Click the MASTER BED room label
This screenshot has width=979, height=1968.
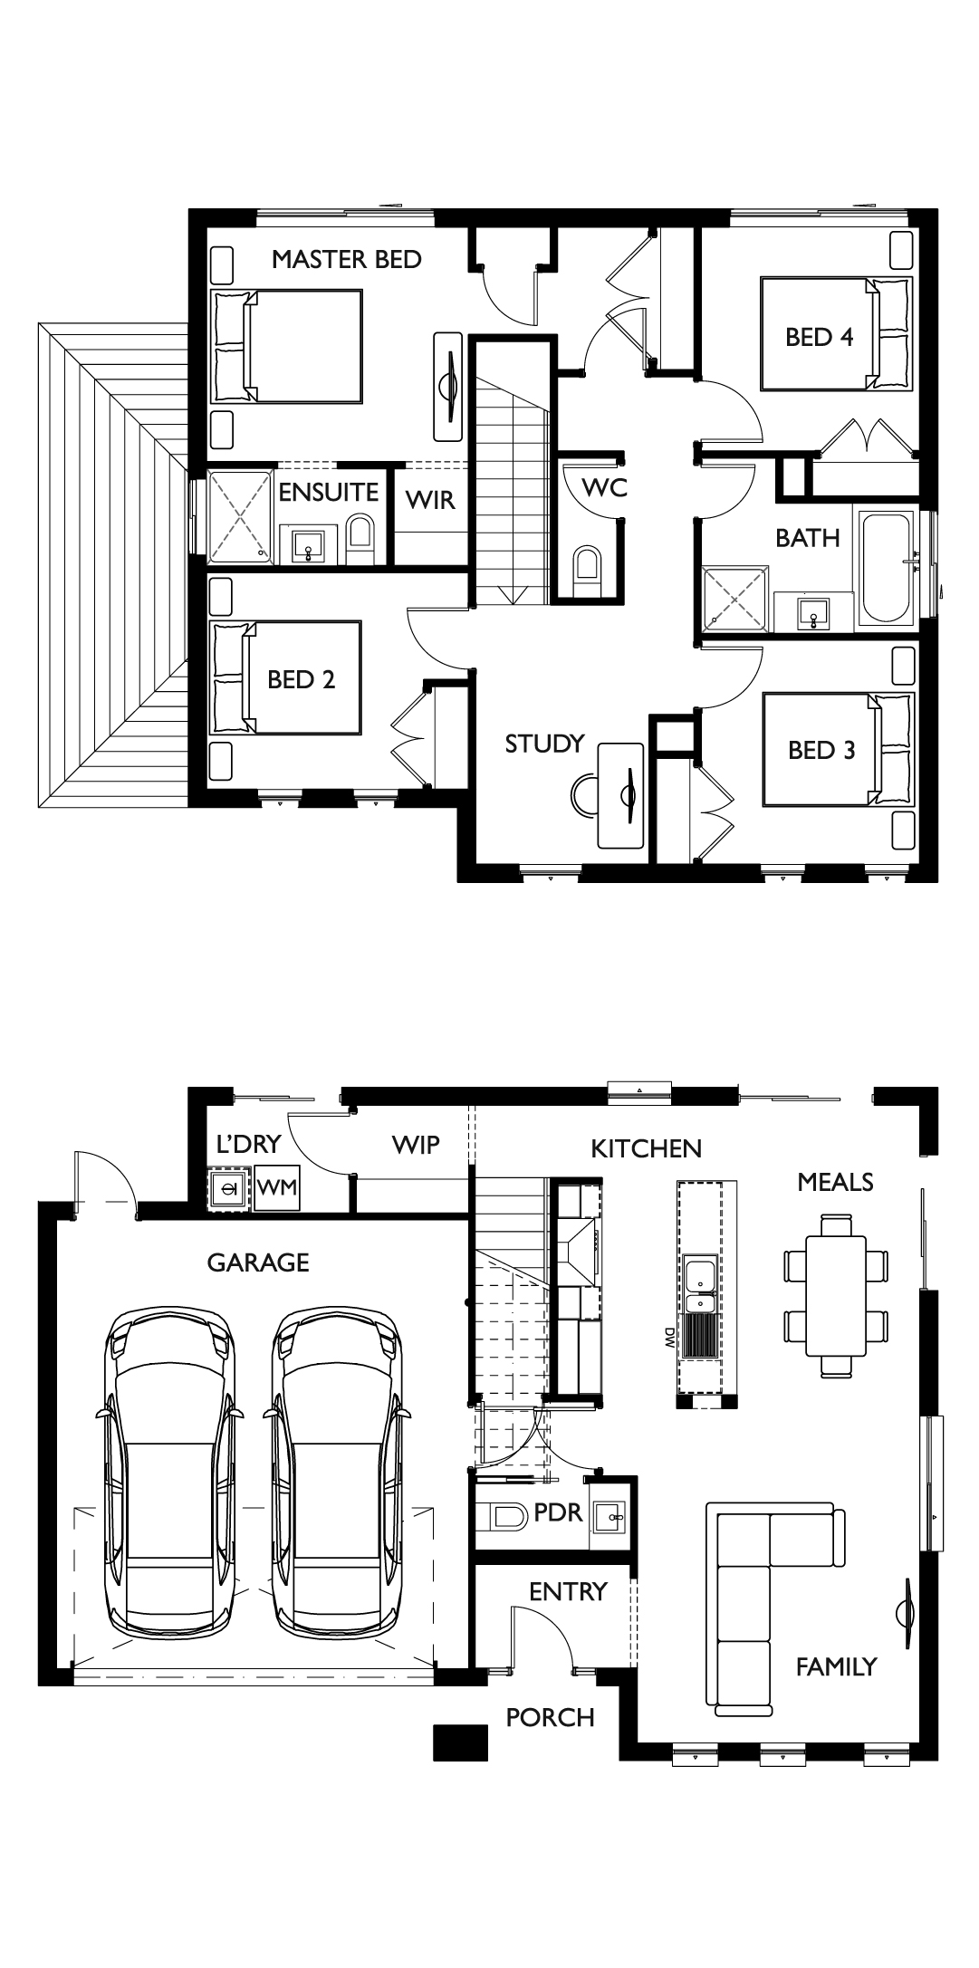tap(346, 260)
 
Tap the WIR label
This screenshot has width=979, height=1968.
tap(430, 500)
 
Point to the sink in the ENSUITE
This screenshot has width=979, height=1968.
tap(311, 546)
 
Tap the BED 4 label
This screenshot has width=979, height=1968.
tap(820, 338)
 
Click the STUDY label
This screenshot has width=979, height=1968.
tap(544, 744)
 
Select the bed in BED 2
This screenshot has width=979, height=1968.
tap(286, 677)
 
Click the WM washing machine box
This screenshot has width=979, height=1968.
tap(276, 1187)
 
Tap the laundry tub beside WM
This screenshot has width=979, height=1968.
tap(229, 1188)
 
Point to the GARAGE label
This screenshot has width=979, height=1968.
tap(258, 1262)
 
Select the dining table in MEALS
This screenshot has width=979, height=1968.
tap(835, 1296)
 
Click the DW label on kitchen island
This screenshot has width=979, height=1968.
tap(670, 1337)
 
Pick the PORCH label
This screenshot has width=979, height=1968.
tap(550, 1717)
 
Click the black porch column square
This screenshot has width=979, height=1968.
tap(461, 1742)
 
